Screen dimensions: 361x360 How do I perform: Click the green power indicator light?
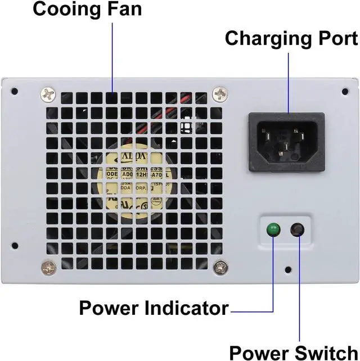point(273,229)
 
